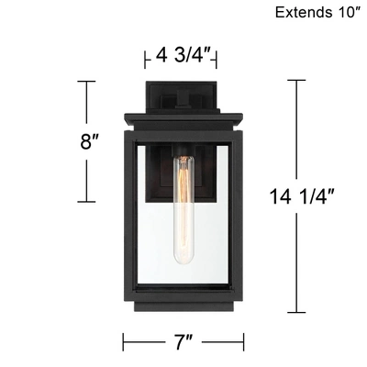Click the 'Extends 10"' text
tap(317, 13)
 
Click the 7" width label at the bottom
tap(183, 344)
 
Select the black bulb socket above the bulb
tap(185, 150)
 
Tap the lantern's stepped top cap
tap(183, 117)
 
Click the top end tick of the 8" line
tap(86, 81)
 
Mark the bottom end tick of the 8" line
tap(86, 202)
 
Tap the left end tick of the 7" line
tap(123, 343)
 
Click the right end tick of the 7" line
tap(242, 343)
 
